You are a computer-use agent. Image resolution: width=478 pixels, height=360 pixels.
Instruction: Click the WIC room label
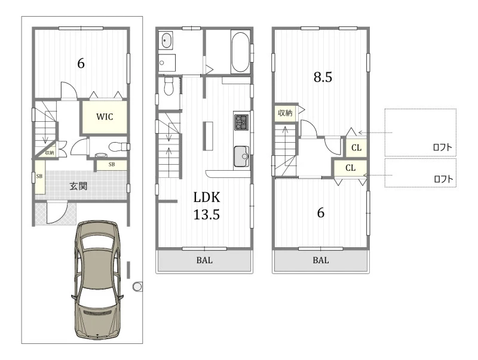pyautogui.click(x=105, y=116)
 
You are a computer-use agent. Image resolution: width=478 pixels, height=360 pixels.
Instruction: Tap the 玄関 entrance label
pyautogui.click(x=79, y=186)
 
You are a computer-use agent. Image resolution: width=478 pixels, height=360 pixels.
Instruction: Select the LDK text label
pyautogui.click(x=207, y=198)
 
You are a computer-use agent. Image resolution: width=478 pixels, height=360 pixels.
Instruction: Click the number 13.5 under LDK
pyautogui.click(x=207, y=215)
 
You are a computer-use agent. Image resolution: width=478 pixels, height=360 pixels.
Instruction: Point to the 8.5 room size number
pyautogui.click(x=323, y=77)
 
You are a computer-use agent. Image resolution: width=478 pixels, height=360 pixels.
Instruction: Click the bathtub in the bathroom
pyautogui.click(x=241, y=52)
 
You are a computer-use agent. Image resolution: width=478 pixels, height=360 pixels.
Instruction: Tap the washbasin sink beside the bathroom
pyautogui.click(x=166, y=40)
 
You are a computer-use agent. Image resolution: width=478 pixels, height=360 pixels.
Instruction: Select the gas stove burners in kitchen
pyautogui.click(x=241, y=122)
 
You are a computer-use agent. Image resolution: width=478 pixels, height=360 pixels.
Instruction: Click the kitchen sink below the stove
pyautogui.click(x=241, y=156)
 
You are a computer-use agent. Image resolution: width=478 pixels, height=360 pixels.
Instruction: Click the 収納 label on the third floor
pyautogui.click(x=285, y=113)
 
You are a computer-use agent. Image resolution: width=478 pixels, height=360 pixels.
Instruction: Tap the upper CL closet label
pyautogui.click(x=356, y=148)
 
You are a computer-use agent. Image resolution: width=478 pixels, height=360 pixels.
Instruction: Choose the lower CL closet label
pyautogui.click(x=350, y=168)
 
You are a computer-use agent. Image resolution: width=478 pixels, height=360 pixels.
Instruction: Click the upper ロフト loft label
pyautogui.click(x=442, y=147)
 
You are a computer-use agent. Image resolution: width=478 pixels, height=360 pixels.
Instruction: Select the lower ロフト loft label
pyautogui.click(x=443, y=179)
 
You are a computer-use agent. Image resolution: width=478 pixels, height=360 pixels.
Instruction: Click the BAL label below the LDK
pyautogui.click(x=204, y=260)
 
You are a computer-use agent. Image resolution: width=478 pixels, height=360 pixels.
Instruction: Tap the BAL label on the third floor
pyautogui.click(x=321, y=260)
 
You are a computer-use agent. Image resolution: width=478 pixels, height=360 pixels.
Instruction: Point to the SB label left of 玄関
pyautogui.click(x=39, y=176)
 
